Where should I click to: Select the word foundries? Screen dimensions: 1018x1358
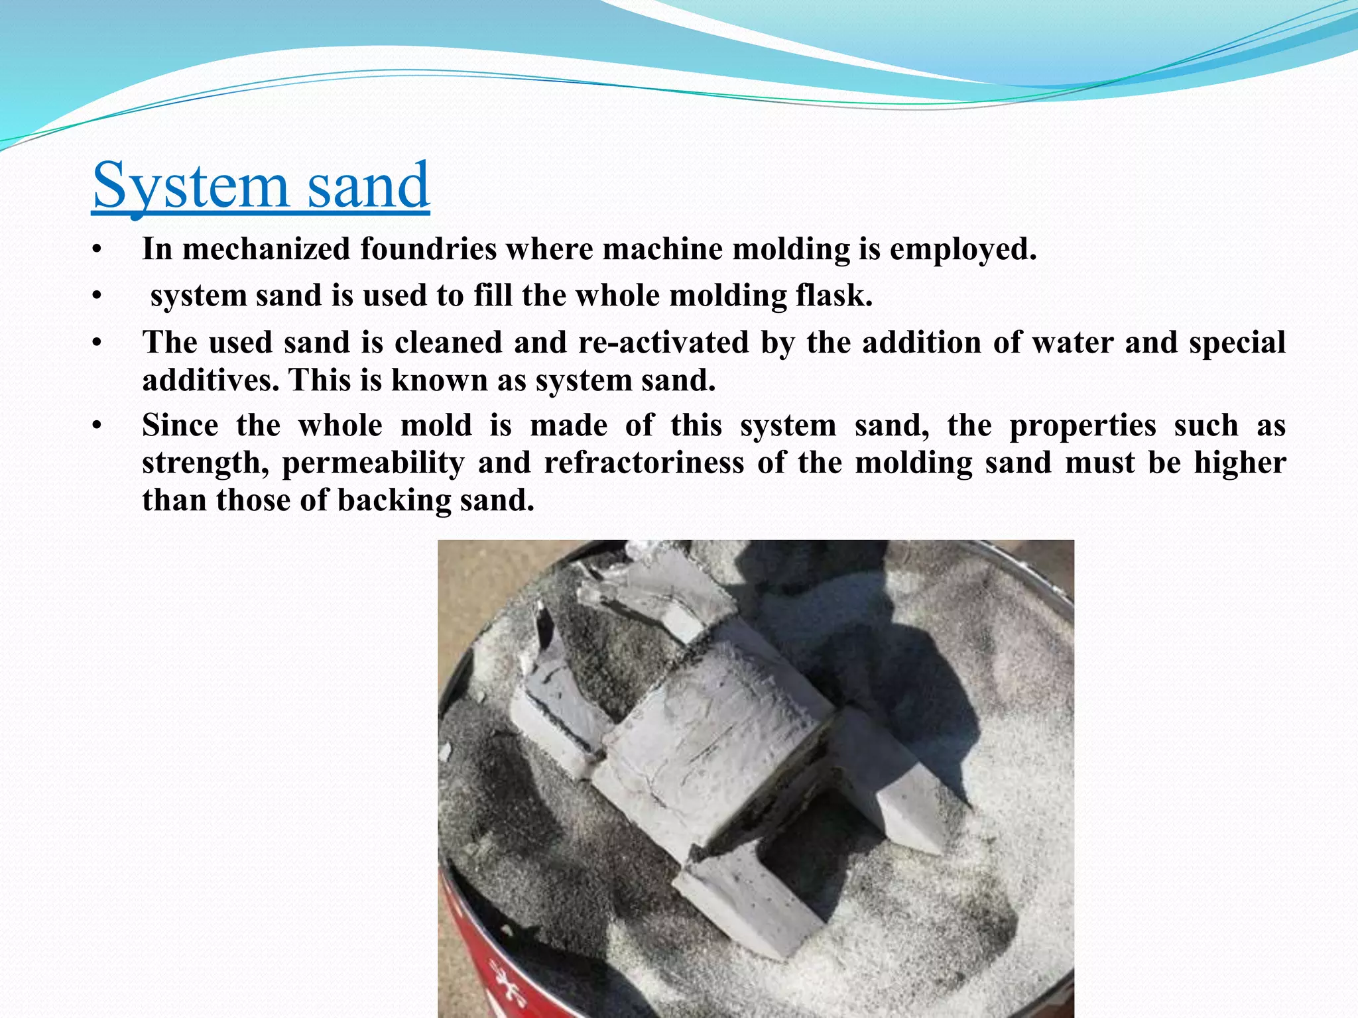pyautogui.click(x=428, y=249)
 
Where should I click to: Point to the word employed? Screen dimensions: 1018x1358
pyautogui.click(x=962, y=249)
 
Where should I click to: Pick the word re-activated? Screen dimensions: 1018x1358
pyautogui.click(x=662, y=343)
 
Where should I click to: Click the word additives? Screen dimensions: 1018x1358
pyautogui.click(x=210, y=380)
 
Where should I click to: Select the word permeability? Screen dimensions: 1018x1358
pyautogui.click(x=373, y=463)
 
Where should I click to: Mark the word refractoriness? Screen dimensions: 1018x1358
pyautogui.click(x=644, y=463)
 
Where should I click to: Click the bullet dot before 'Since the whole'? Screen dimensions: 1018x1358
pyautogui.click(x=97, y=426)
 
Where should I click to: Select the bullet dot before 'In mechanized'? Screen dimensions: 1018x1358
pyautogui.click(x=97, y=251)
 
